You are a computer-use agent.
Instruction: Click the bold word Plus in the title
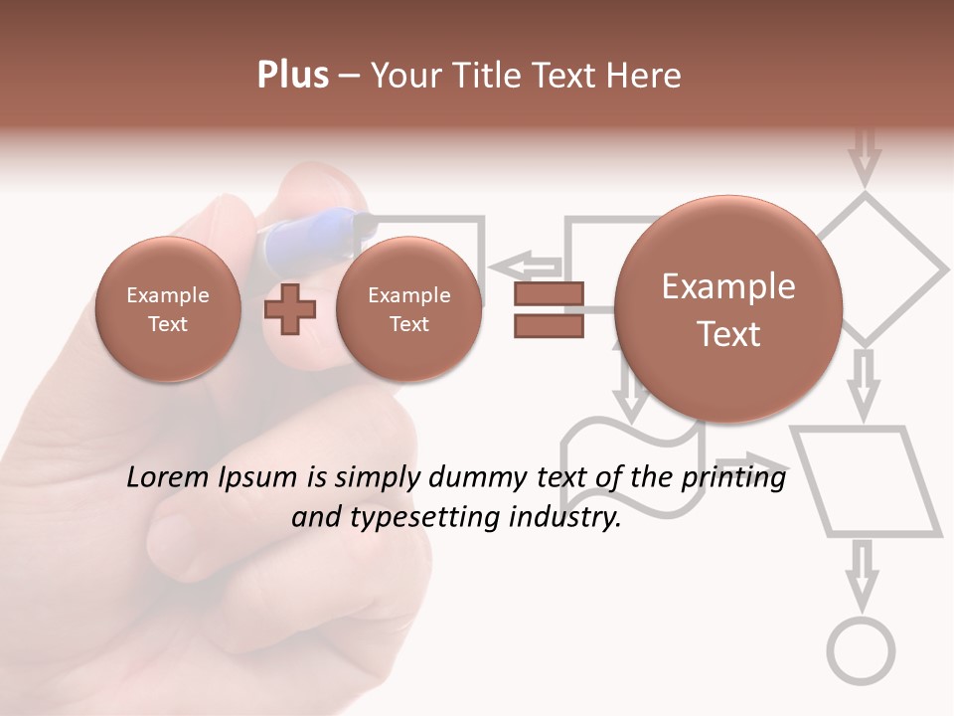pyautogui.click(x=292, y=76)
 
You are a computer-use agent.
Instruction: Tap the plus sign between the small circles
pyautogui.click(x=290, y=309)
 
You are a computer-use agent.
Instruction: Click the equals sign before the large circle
pyautogui.click(x=549, y=310)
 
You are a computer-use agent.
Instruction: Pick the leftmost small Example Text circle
pyautogui.click(x=168, y=309)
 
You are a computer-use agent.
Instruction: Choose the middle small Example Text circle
pyautogui.click(x=408, y=309)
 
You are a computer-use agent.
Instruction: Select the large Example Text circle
pyautogui.click(x=728, y=309)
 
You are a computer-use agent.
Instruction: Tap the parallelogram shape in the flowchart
pyautogui.click(x=866, y=482)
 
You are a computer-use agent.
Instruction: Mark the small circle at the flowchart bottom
pyautogui.click(x=862, y=651)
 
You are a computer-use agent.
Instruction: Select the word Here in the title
pyautogui.click(x=646, y=76)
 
